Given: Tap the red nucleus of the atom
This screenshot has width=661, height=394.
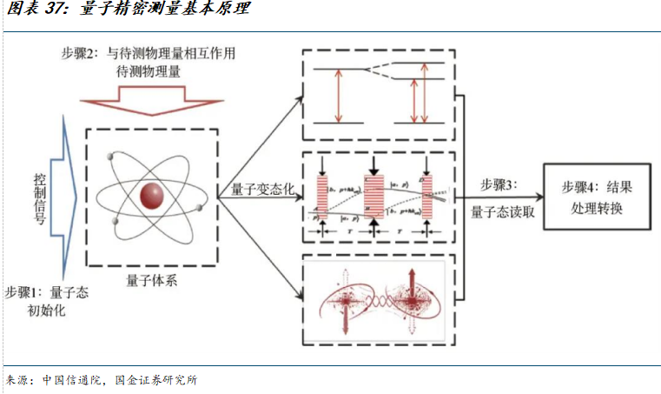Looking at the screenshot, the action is click(x=153, y=194).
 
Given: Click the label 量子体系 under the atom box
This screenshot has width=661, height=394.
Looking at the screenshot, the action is click(x=153, y=279).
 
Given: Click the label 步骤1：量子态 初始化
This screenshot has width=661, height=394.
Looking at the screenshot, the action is click(x=47, y=300).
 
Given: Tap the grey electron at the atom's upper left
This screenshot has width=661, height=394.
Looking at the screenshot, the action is click(x=111, y=157).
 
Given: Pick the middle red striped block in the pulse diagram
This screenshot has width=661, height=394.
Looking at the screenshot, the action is click(x=374, y=196).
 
